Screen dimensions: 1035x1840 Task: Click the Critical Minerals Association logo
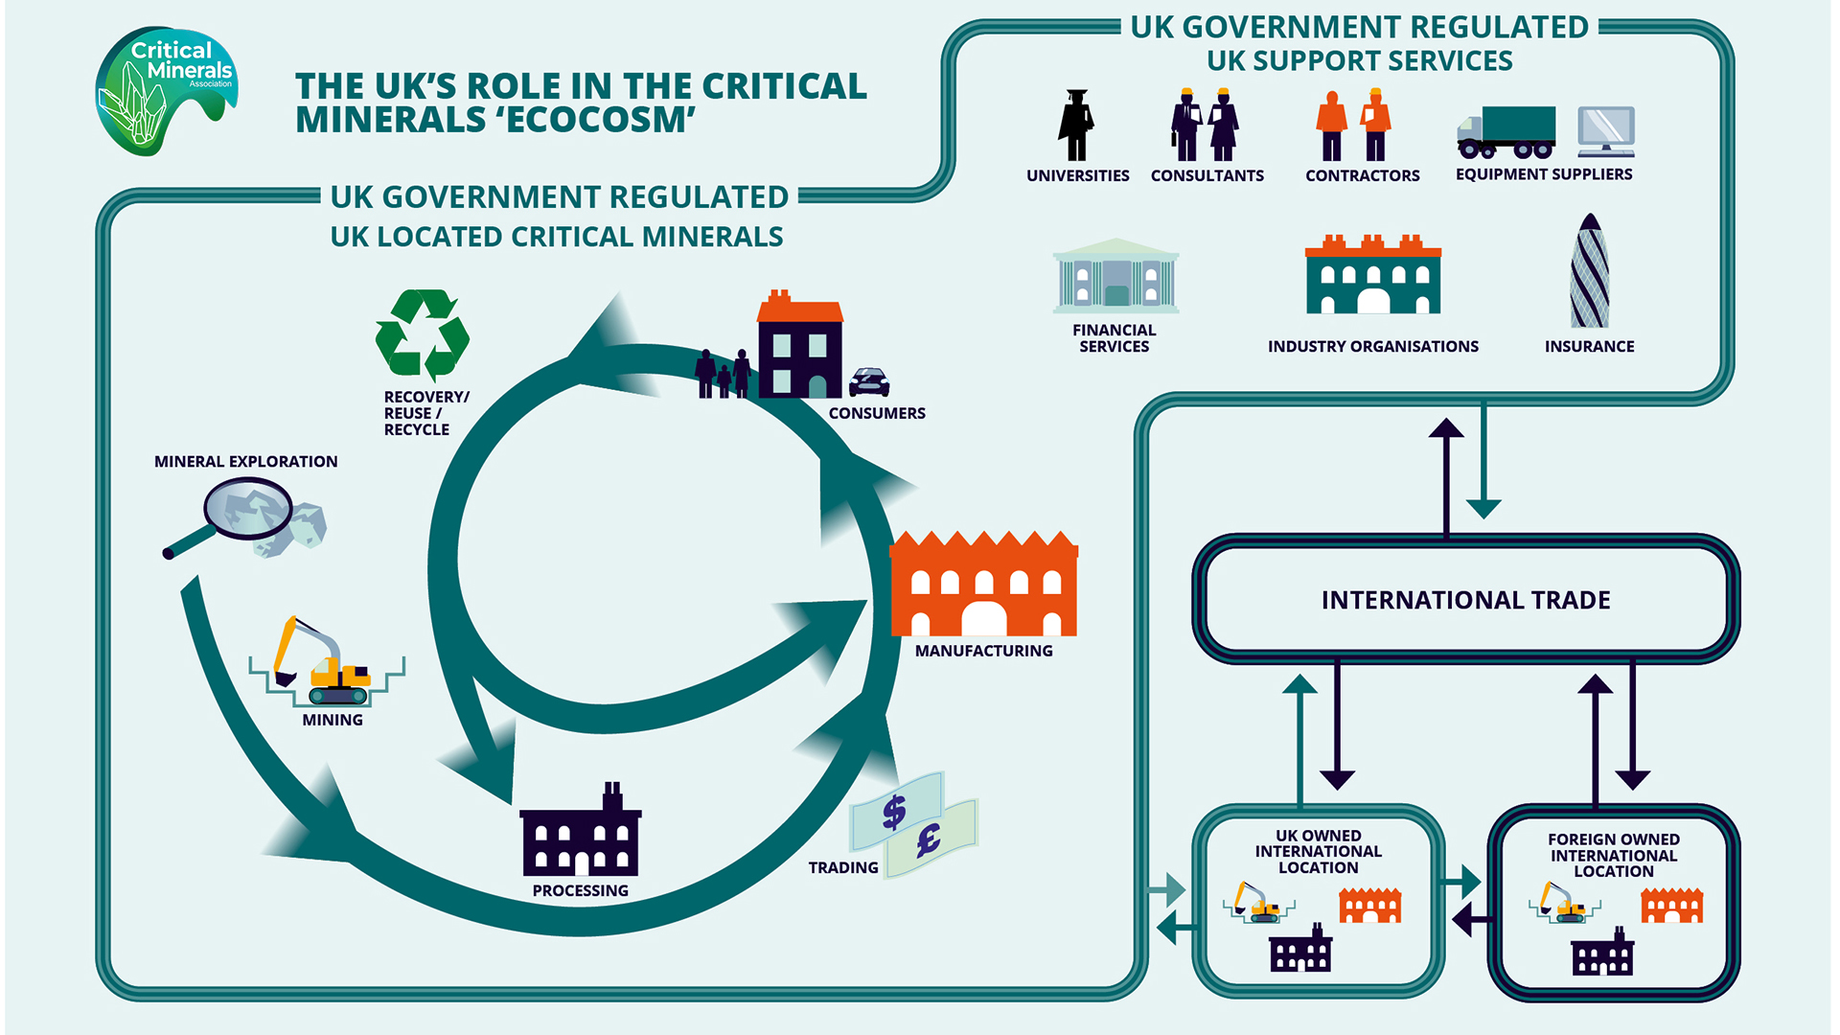165,90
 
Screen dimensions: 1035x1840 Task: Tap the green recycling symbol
423,334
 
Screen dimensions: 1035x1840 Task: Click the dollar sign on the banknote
894,812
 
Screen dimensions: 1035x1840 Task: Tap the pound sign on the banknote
928,841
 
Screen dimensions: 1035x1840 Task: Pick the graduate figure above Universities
1076,126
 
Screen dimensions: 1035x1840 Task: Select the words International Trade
1465,600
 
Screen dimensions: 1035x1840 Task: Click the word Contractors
1362,175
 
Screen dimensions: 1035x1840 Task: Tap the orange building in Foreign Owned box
1671,905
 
